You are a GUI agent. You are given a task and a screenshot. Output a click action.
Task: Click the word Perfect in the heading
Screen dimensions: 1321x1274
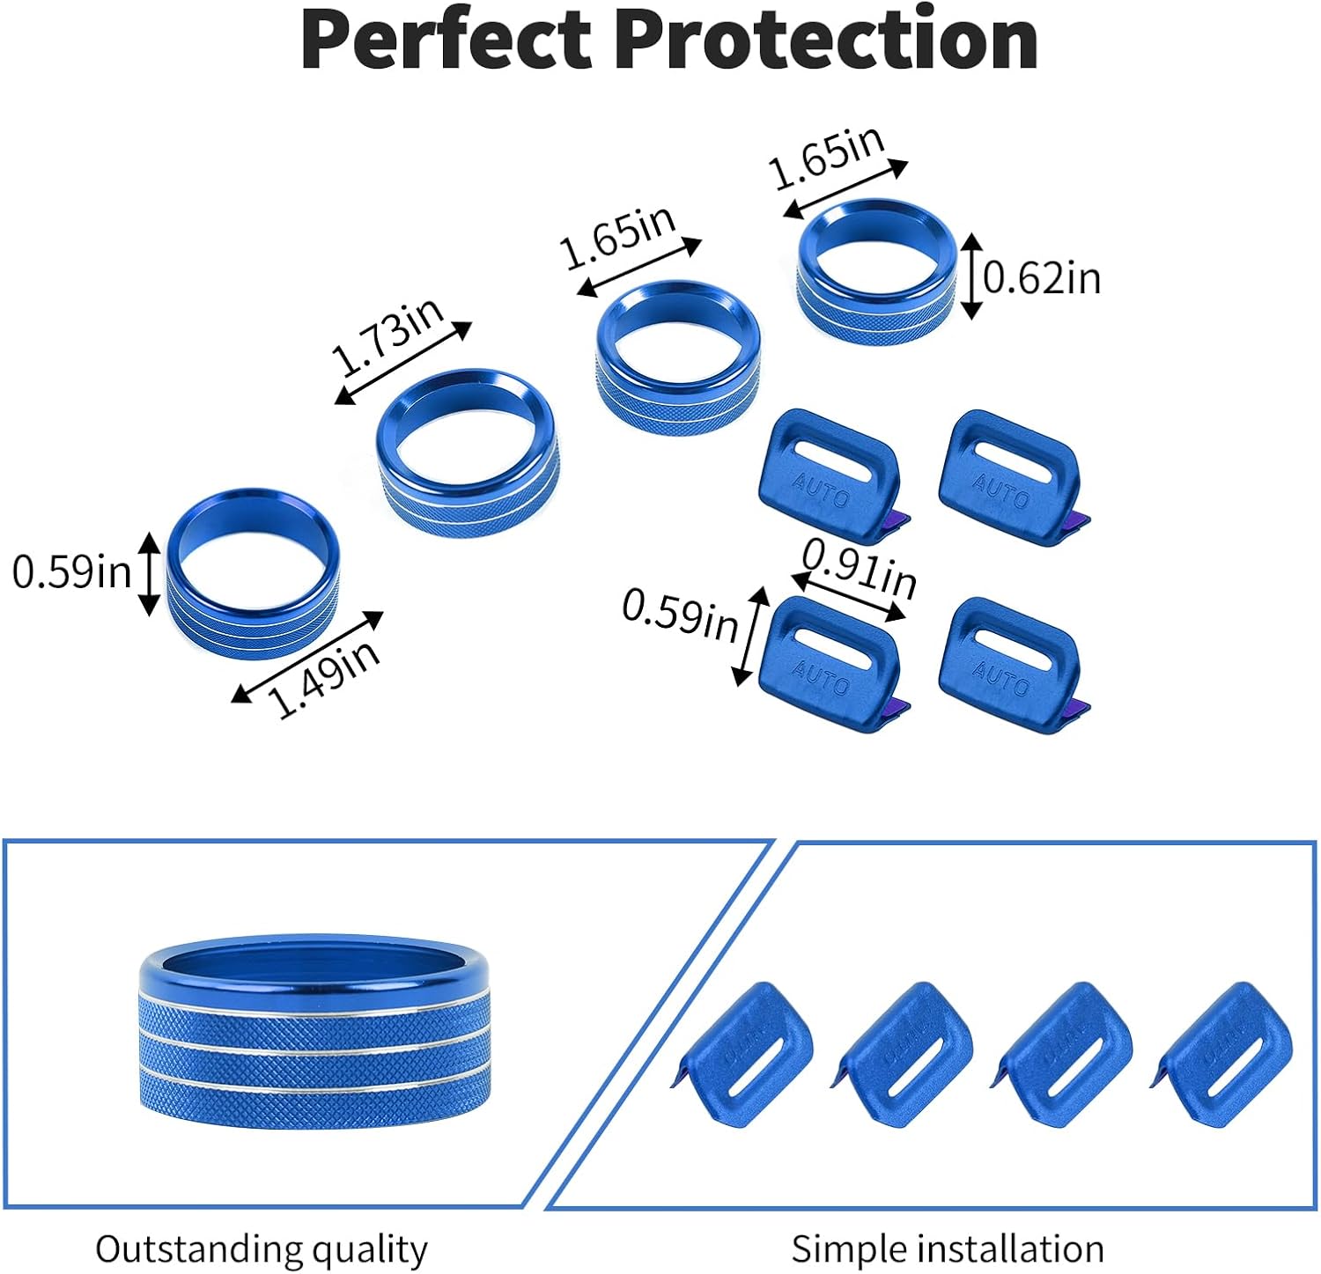(x=446, y=40)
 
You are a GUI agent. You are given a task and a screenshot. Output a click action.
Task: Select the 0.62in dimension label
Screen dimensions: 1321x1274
(x=1042, y=278)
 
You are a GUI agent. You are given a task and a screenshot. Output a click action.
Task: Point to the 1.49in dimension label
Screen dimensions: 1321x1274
(x=323, y=677)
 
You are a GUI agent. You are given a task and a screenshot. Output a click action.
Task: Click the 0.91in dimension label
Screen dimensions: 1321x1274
(x=860, y=568)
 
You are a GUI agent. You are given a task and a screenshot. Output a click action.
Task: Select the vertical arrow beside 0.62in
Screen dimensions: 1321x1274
(x=970, y=276)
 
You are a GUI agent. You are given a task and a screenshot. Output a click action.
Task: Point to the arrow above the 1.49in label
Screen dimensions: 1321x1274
(x=307, y=656)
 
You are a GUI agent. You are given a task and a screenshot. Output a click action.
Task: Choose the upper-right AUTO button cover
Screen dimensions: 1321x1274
(x=1011, y=475)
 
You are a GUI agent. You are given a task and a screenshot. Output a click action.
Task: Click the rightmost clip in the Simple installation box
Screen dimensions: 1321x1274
(x=1224, y=1056)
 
